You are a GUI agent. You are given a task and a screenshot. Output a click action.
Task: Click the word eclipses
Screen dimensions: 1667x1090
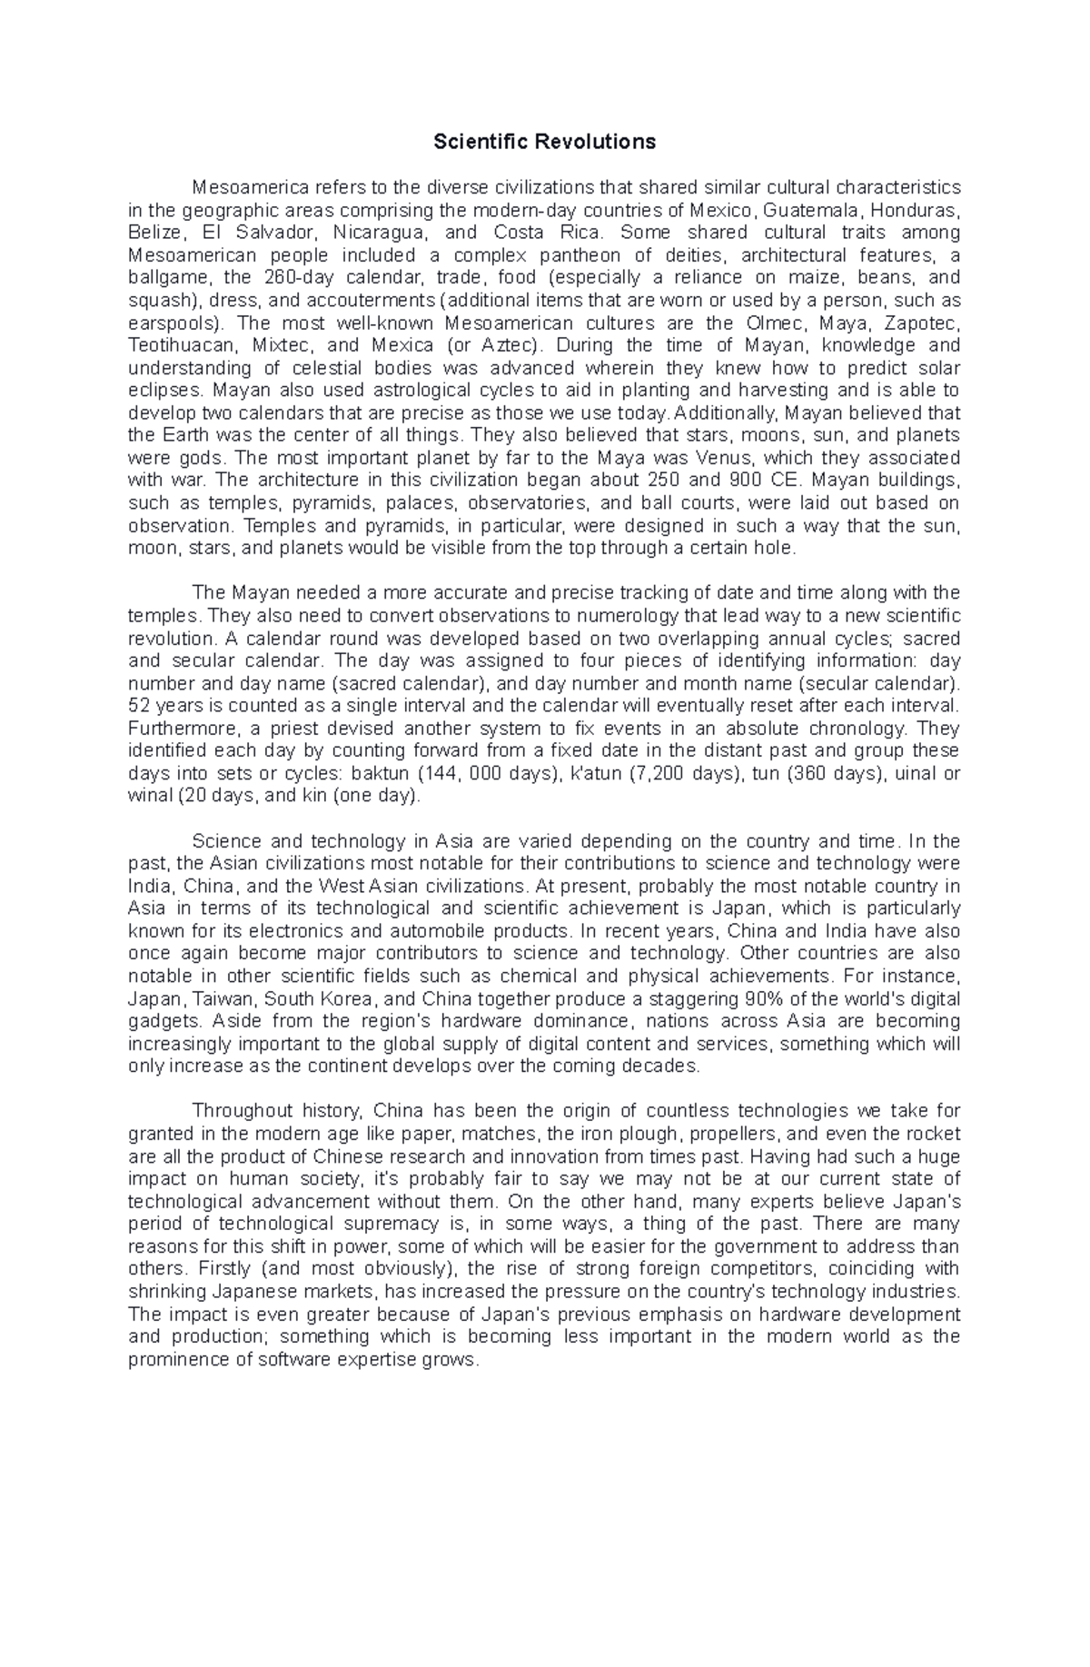pos(164,391)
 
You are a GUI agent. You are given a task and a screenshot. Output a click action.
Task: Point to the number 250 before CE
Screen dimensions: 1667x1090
pos(681,481)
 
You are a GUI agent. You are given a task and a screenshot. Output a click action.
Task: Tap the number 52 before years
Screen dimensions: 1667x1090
pos(138,706)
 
